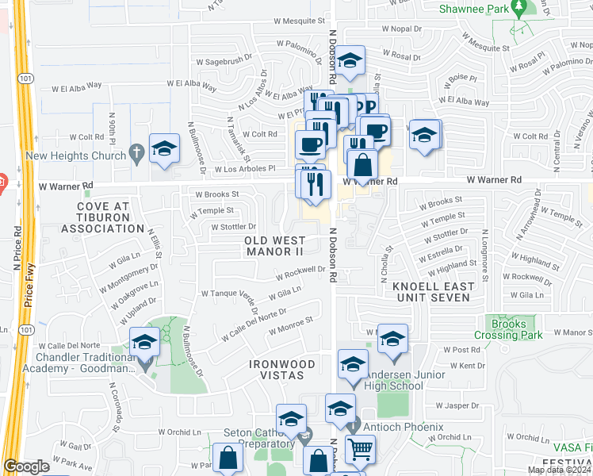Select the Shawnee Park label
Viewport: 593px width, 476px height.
476,10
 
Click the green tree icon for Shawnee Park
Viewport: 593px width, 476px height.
519,8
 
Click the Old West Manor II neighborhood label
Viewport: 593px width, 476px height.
274,245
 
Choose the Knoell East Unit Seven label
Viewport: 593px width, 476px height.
432,292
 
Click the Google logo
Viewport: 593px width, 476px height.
26,466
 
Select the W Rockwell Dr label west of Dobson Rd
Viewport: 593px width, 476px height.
301,273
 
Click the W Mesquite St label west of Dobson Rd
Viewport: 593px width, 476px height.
300,21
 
